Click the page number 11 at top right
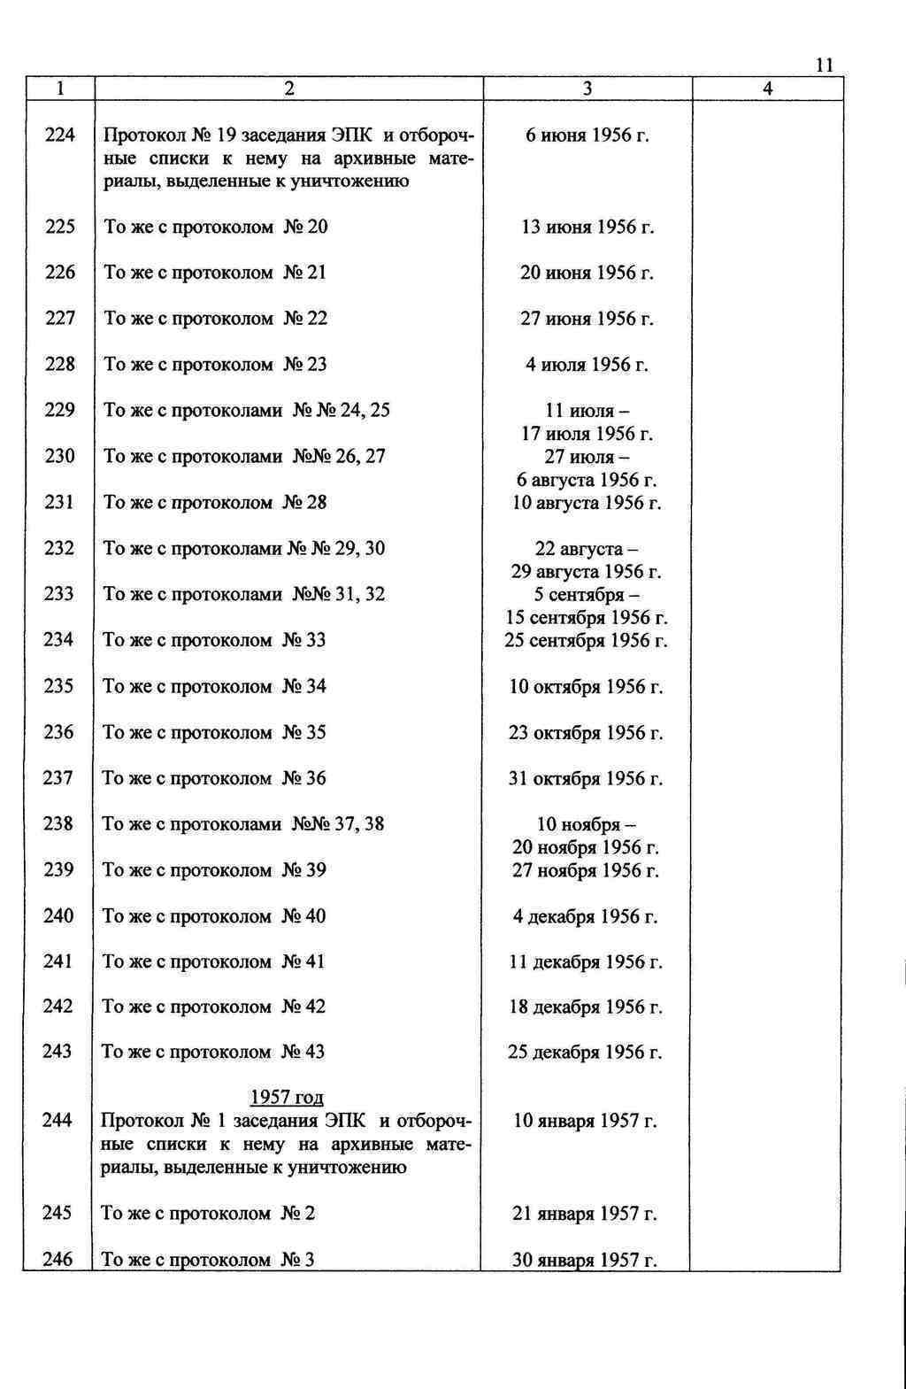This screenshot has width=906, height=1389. [824, 66]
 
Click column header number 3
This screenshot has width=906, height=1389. [587, 89]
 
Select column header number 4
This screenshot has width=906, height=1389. [767, 89]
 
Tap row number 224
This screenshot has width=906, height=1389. [59, 135]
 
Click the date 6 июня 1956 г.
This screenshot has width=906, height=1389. [587, 135]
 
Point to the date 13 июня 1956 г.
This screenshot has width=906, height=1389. [587, 228]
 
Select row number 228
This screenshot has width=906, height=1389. [59, 364]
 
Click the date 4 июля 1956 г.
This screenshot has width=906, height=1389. [587, 365]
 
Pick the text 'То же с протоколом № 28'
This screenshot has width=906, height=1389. [215, 503]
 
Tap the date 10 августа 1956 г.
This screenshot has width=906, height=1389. [587, 504]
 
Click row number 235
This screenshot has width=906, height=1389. [58, 686]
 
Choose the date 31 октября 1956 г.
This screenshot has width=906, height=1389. [586, 779]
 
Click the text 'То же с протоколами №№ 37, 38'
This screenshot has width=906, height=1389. [243, 824]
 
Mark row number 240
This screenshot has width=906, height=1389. [58, 915]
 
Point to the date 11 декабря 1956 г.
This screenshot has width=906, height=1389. [586, 962]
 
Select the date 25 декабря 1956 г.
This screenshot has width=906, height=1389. [585, 1053]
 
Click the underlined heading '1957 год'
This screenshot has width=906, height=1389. [287, 1098]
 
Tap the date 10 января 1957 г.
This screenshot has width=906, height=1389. [585, 1122]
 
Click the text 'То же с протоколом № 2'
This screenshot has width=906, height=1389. [208, 1213]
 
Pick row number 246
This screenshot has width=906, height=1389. [58, 1259]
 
